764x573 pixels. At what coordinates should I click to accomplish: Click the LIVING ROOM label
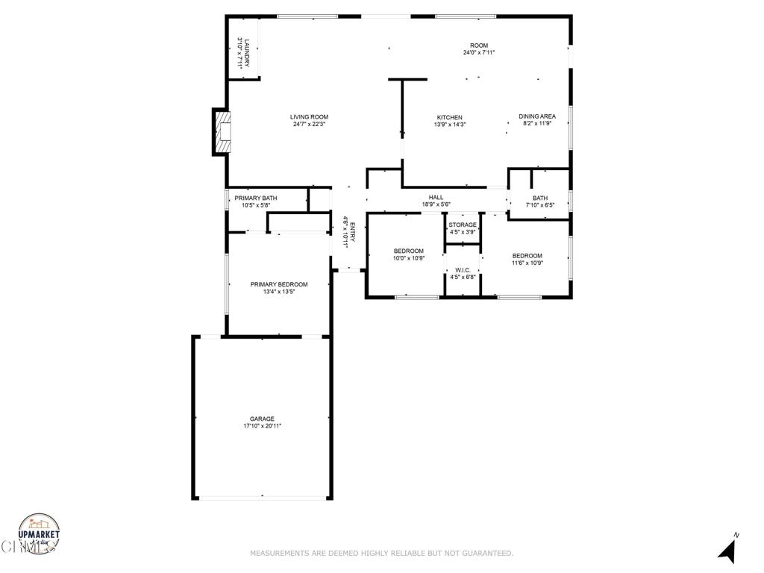[309, 116]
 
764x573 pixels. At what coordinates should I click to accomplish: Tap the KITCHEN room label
[449, 117]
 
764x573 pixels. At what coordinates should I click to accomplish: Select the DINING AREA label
[537, 116]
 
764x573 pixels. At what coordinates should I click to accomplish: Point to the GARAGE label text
[262, 419]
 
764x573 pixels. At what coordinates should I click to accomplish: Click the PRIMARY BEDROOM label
[278, 284]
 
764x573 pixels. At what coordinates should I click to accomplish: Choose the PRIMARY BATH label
[256, 198]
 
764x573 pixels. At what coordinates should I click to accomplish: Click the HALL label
[436, 197]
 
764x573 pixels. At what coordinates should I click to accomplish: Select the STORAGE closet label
[463, 225]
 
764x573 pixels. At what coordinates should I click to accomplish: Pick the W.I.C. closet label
[463, 270]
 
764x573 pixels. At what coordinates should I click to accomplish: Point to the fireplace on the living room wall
[222, 133]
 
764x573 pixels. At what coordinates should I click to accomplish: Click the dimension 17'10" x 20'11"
[262, 426]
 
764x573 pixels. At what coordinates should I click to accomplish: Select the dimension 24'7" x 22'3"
[309, 124]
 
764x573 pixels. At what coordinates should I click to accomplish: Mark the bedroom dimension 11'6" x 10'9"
[527, 263]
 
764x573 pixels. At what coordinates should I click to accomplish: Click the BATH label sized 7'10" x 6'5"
[539, 198]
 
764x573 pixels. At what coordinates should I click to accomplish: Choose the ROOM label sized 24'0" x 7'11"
[479, 46]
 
